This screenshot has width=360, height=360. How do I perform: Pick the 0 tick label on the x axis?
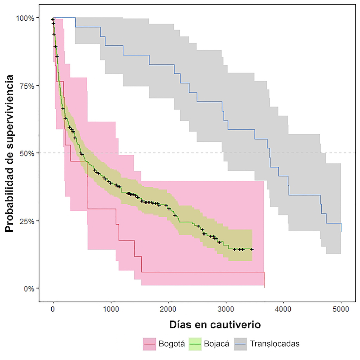pos(53,310)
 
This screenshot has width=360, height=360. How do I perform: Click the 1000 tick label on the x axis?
pos(110,310)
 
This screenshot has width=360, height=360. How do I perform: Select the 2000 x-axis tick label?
pos(168,310)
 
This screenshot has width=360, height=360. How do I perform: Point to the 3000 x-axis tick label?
pos(226,310)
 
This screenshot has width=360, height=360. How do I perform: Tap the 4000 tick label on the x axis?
pos(283,310)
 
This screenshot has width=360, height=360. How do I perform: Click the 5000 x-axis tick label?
pos(341,310)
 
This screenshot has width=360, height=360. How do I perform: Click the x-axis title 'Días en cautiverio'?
pos(215,324)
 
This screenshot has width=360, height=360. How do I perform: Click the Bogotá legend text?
pos(172,344)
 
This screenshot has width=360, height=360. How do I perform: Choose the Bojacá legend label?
pos(216,344)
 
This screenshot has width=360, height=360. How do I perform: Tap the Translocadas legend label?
pos(275,344)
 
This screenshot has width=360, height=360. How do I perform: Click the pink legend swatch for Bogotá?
pos(149,344)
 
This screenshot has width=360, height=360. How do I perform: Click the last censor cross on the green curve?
pos(252,249)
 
